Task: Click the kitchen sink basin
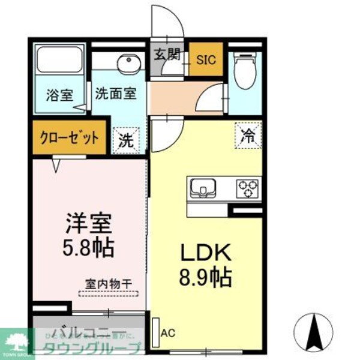pyautogui.click(x=202, y=189)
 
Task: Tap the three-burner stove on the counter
pyautogui.click(x=247, y=188)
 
